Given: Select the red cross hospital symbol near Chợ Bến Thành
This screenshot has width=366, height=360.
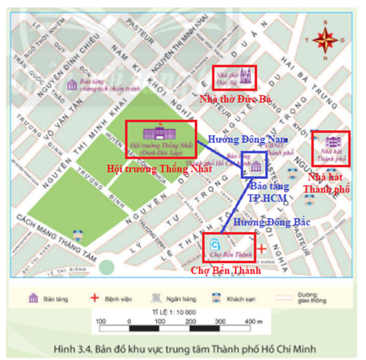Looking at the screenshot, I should (x=261, y=247).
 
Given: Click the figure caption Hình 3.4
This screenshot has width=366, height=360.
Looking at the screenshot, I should (x=182, y=347).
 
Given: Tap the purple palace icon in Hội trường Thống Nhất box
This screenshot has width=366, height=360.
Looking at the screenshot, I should (x=160, y=131).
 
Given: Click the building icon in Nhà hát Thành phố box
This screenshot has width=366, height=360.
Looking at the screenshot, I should (x=331, y=142).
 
